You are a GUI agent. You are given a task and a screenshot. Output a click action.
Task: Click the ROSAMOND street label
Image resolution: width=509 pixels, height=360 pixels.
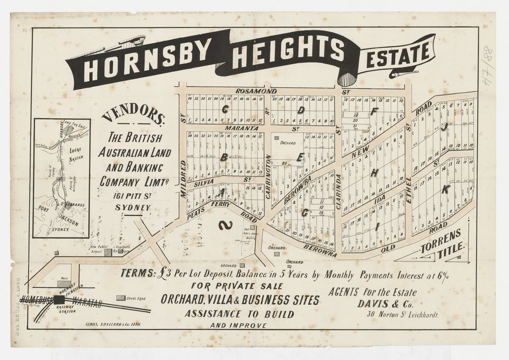[256, 91]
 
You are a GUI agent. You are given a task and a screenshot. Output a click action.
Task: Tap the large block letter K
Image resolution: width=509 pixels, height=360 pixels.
[445, 189]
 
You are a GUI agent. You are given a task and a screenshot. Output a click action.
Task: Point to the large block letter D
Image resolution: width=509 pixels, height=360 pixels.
[301, 109]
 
